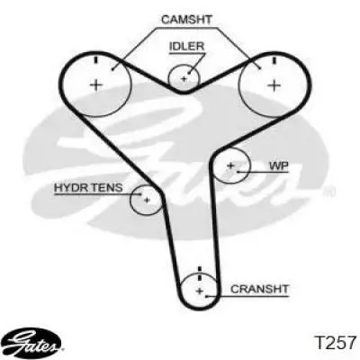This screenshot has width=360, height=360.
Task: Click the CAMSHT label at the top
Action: pos(186,20)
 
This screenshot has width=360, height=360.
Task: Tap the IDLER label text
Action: pos(186,47)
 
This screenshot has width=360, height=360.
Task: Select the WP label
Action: pos(279,166)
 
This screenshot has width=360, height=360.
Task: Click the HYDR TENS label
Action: pos(88,187)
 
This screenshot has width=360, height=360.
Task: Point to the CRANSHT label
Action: pos(259,289)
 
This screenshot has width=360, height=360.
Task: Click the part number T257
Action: pos(335,343)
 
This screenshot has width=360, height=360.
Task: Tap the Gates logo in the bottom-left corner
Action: pos(33,342)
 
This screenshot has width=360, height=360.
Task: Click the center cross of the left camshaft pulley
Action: pos(96,85)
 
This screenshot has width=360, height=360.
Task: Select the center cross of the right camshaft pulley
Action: pos(274,85)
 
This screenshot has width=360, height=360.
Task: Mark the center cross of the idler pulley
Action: pos(184,79)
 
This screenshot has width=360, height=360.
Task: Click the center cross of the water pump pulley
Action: pos(230,166)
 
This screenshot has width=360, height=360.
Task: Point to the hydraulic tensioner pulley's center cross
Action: pos(147,200)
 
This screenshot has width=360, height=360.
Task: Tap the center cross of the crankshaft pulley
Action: pos(200,291)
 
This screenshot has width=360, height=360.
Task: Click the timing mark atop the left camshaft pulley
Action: pos(96,59)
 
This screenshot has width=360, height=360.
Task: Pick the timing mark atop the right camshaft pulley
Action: pos(274,60)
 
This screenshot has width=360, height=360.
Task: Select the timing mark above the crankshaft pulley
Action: pos(200,273)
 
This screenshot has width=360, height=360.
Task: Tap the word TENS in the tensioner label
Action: pos(107,187)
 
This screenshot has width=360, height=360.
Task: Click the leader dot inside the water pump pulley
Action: pos(238,172)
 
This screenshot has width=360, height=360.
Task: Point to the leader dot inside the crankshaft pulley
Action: pos(206,296)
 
